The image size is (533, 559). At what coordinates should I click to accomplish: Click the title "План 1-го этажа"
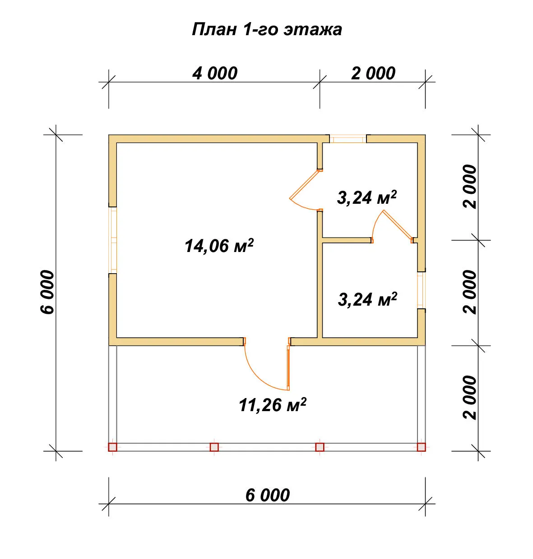click(267, 29)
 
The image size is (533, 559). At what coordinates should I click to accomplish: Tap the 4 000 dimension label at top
click(215, 73)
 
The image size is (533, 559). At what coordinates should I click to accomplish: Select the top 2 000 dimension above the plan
click(373, 73)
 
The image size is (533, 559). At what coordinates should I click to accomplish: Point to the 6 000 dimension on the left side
click(47, 292)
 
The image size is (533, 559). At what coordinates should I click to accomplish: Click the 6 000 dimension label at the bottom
click(267, 495)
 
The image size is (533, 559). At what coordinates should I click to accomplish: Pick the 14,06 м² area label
click(219, 246)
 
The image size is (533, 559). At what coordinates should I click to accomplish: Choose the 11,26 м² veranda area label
click(273, 405)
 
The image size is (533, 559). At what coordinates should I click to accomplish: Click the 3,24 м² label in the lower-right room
click(367, 299)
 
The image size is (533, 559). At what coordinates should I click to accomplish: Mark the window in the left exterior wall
click(113, 240)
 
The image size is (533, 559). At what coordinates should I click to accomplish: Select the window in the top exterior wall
click(348, 139)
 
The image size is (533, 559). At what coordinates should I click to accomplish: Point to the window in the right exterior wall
click(422, 290)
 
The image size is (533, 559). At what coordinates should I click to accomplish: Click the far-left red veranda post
click(113, 447)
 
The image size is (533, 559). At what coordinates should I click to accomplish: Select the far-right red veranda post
click(422, 447)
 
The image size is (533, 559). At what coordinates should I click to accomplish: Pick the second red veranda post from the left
click(214, 447)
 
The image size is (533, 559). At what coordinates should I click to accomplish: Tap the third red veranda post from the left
click(320, 447)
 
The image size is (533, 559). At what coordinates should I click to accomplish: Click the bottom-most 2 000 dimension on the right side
click(470, 398)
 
